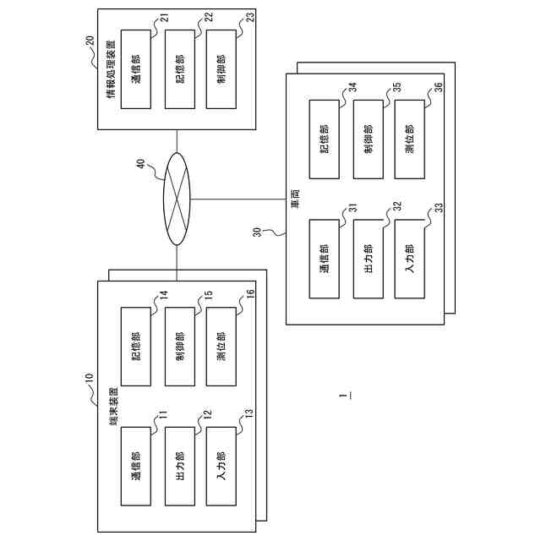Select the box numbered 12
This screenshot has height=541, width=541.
point(180,467)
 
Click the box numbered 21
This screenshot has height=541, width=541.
point(136,68)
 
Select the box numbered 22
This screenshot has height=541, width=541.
point(180,68)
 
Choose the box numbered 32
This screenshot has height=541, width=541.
point(368,259)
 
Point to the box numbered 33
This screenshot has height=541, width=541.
point(411,259)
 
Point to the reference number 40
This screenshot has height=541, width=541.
point(141,167)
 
